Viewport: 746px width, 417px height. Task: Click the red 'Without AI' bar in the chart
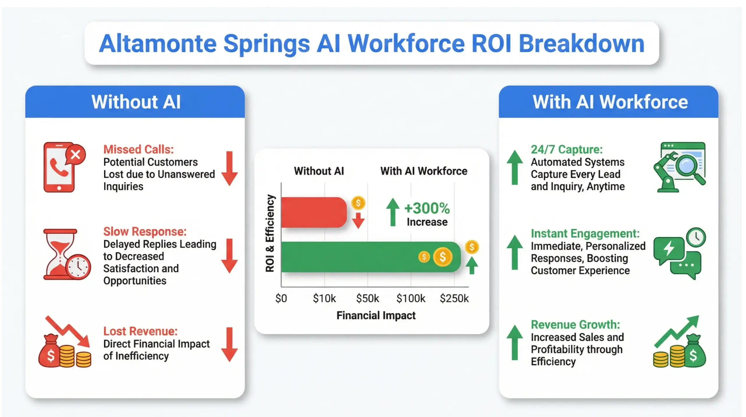pos(314,212)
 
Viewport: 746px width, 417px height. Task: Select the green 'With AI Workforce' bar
pos(350,257)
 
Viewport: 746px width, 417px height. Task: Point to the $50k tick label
pos(367,298)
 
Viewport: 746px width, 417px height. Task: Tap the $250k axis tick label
pos(454,298)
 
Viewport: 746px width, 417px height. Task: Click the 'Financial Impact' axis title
pos(376,315)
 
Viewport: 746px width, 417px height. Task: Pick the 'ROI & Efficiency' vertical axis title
pos(270,233)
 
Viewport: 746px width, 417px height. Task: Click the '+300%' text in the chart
pos(427,208)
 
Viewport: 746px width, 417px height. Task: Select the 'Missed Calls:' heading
pos(138,149)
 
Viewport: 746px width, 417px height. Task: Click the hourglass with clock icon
pos(66,254)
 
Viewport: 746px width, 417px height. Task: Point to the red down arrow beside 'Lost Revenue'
pos(229,344)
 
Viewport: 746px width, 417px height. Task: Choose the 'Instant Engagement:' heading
pos(585,233)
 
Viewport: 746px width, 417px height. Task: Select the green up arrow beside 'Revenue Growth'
pos(515,342)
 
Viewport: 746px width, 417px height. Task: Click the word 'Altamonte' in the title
pos(158,44)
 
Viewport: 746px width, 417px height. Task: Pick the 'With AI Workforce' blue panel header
pos(608,102)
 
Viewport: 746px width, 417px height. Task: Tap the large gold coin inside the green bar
pos(442,257)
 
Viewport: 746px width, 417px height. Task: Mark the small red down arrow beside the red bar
pos(358,220)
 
